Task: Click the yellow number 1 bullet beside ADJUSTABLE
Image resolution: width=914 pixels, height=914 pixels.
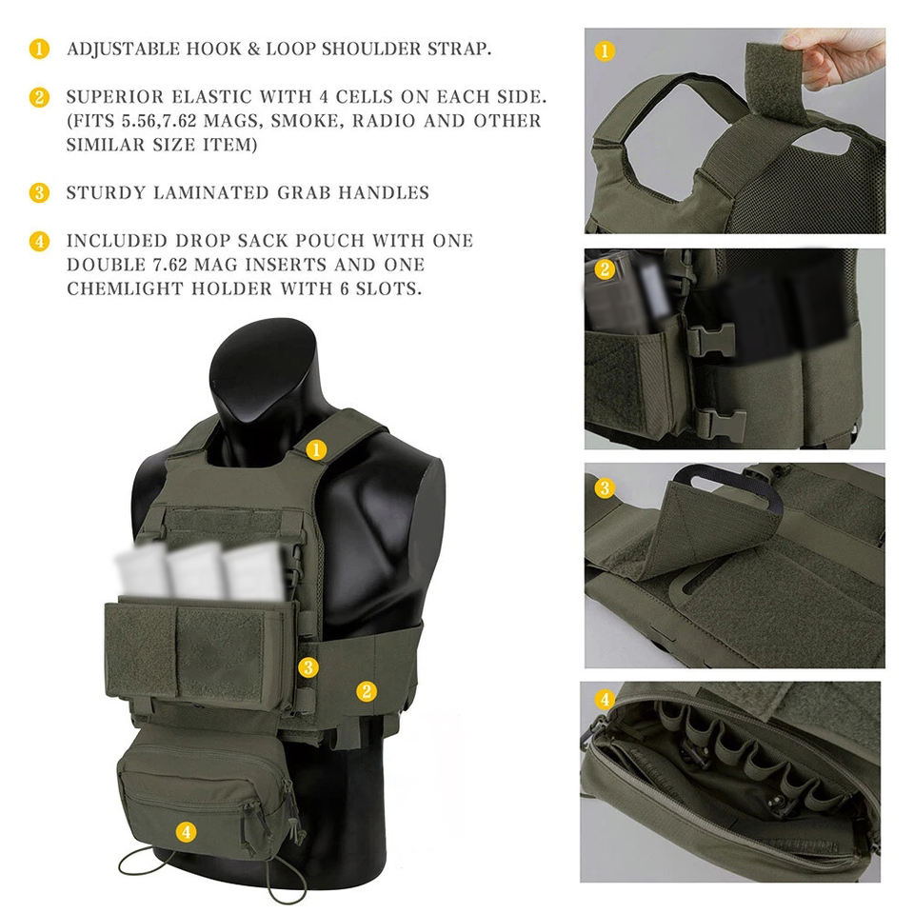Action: click(39, 49)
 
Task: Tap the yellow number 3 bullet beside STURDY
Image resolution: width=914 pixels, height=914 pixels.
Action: click(39, 192)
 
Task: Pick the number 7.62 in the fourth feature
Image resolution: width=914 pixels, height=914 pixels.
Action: click(169, 264)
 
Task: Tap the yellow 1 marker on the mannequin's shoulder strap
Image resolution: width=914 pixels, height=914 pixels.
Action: click(316, 449)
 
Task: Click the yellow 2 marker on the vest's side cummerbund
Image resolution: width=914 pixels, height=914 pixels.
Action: click(366, 691)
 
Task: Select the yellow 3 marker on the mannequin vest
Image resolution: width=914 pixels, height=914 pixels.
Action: click(308, 667)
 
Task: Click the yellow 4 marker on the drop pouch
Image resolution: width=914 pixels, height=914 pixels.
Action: click(186, 831)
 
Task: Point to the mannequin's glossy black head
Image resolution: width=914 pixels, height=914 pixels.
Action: click(263, 373)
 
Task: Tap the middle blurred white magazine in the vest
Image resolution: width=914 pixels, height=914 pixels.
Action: click(196, 570)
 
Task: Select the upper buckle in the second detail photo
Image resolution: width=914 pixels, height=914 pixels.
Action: click(711, 340)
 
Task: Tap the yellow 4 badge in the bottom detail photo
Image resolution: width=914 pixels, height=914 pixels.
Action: click(605, 699)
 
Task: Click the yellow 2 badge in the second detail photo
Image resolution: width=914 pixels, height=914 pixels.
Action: click(605, 268)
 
